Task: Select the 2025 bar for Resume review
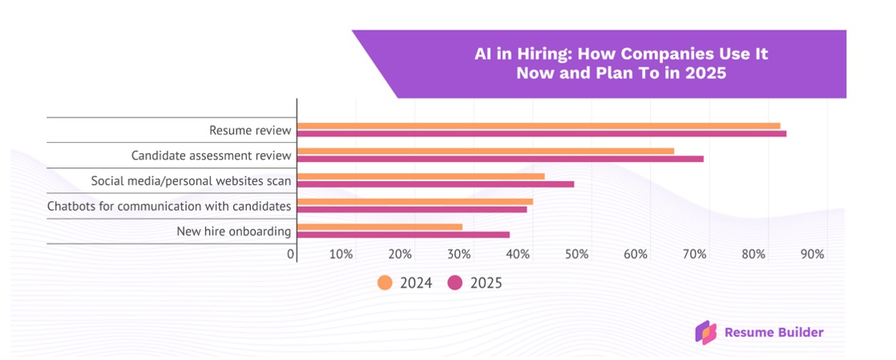coord(542,134)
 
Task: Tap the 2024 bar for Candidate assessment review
coord(486,151)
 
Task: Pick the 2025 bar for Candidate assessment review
coord(500,159)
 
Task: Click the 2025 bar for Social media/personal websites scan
coord(436,184)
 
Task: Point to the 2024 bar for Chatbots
coord(415,201)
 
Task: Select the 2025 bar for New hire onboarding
coord(403,235)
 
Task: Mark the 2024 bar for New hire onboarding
coord(380,227)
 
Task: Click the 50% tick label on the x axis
coord(576,254)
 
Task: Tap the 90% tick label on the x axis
coord(812,254)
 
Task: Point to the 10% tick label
coord(341,254)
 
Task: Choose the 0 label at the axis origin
coord(291,254)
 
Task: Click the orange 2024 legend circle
coord(385,282)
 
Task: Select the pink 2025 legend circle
coord(455,282)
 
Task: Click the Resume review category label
coord(250,130)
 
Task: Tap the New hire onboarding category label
coord(233,232)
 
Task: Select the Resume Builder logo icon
coord(706,332)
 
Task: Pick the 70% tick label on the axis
coord(694,254)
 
